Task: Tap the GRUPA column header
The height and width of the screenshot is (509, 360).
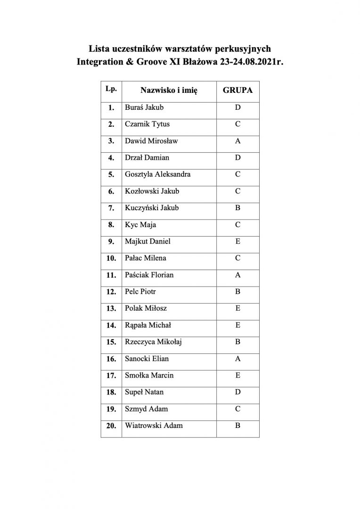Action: tap(237, 90)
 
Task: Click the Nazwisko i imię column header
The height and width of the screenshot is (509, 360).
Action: tap(168, 90)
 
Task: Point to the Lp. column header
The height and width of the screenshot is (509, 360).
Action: tap(111, 88)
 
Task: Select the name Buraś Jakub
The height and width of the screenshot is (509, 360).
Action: tap(144, 107)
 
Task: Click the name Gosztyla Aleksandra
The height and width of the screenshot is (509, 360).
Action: tap(158, 174)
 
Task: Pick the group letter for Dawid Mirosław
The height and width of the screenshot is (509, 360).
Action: tap(237, 141)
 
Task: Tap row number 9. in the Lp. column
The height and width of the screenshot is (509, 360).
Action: tap(112, 242)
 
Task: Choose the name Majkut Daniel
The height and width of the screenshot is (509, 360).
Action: tap(147, 241)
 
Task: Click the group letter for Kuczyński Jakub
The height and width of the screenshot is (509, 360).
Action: tap(237, 208)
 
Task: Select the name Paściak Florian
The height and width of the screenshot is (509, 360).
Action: tap(151, 275)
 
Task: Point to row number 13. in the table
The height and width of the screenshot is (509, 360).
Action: tap(111, 309)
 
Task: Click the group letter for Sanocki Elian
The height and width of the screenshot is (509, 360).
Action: tap(237, 359)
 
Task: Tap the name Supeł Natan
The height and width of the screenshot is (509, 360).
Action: tap(144, 392)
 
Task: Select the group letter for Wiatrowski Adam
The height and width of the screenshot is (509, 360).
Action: tap(237, 426)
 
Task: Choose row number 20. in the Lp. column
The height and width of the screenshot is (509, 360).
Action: tap(111, 426)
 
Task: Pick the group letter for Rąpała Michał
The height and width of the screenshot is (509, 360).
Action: tap(237, 325)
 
